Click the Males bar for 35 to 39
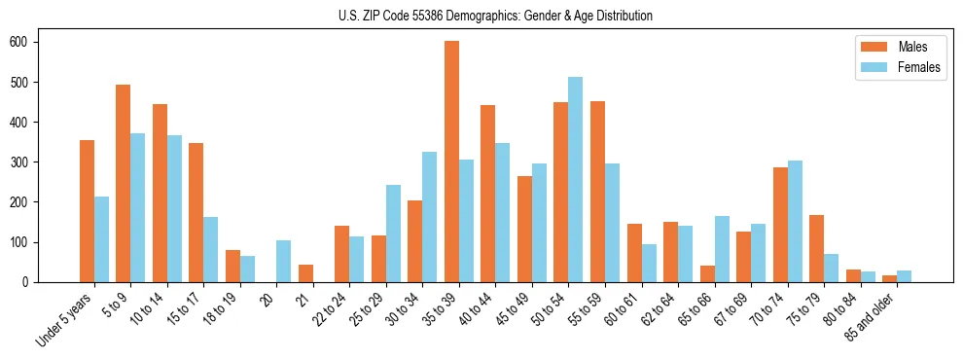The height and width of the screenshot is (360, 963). coord(451,162)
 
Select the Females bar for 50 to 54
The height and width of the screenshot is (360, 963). coord(576,180)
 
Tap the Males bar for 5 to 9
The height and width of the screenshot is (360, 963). coord(124,184)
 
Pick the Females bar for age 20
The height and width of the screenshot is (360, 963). coord(284,262)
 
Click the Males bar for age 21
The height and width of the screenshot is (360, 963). coord(305,273)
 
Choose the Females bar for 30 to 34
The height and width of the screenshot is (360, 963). coord(430,217)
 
